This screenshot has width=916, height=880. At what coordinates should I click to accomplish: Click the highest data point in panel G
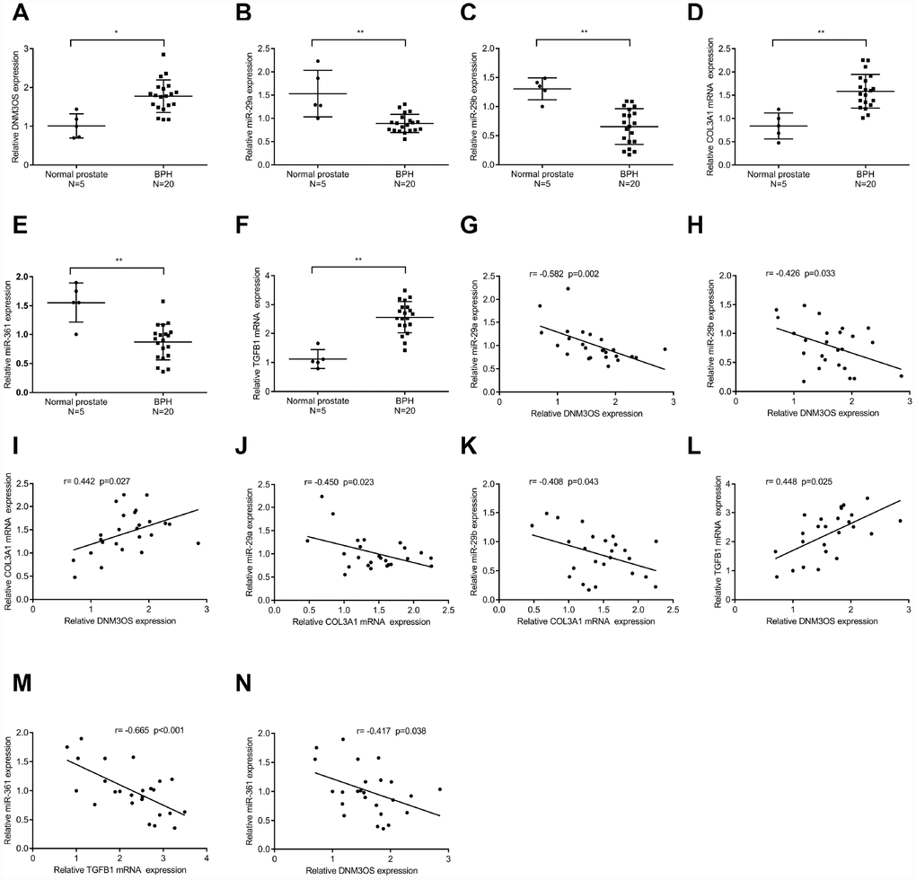(568, 288)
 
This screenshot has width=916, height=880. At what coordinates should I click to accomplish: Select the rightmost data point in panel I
(198, 542)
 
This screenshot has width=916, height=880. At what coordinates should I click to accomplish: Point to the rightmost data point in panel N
(439, 789)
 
